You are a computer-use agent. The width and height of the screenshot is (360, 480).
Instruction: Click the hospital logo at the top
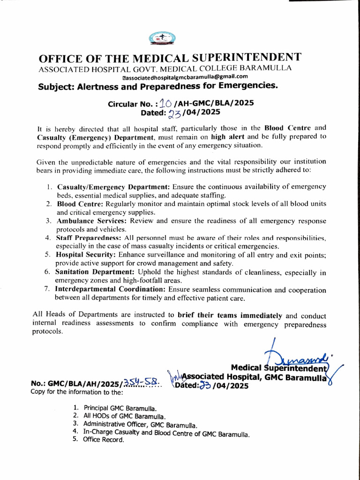[x=162, y=38]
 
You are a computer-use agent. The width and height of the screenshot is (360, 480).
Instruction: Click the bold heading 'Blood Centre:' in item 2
[x=81, y=204]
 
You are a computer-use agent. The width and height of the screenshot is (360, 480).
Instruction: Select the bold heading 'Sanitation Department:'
[x=96, y=272]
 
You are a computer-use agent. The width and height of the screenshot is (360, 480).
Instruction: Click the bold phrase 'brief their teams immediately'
[x=230, y=315]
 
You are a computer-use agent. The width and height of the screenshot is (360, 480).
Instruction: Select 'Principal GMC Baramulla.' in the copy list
[x=120, y=408]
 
